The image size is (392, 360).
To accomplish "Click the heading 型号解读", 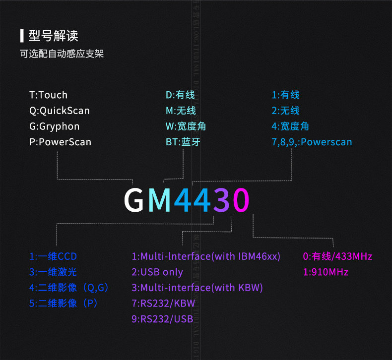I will pyautogui.click(x=53, y=36).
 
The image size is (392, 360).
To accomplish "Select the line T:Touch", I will pyautogui.click(x=48, y=95).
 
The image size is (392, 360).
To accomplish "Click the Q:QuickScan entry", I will pyautogui.click(x=60, y=111).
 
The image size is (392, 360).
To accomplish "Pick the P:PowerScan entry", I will pyautogui.click(x=60, y=142).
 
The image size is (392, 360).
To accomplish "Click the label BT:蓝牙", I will pyautogui.click(x=183, y=142).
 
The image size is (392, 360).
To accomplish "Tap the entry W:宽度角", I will pyautogui.click(x=186, y=126).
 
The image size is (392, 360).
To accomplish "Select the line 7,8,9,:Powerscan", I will pyautogui.click(x=312, y=142).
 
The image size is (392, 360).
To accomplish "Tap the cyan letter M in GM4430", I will pyautogui.click(x=160, y=200).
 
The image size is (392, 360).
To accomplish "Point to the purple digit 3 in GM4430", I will pyautogui.click(x=221, y=200).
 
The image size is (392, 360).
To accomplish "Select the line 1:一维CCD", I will pyautogui.click(x=53, y=256).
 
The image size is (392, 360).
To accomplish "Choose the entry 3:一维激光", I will pyautogui.click(x=53, y=272).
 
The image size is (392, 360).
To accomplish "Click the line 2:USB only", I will pyautogui.click(x=157, y=272).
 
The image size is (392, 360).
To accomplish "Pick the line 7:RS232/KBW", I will pyautogui.click(x=163, y=303).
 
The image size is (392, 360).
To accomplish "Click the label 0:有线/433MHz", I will pyautogui.click(x=337, y=256).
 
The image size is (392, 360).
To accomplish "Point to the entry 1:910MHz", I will pyautogui.click(x=326, y=272).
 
